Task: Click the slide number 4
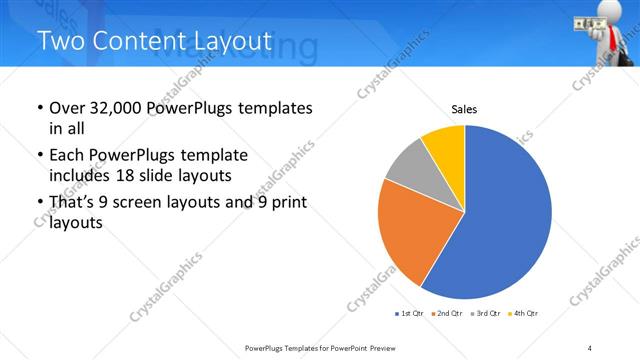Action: coord(589,347)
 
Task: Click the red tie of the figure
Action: coord(608,38)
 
